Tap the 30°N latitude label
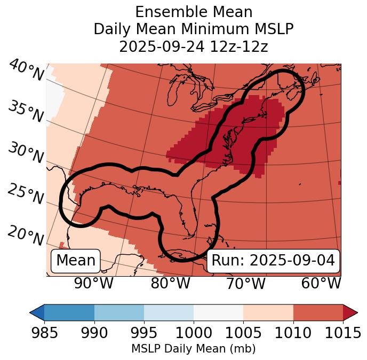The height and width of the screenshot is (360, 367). (26, 153)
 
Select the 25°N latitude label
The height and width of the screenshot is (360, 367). (26, 194)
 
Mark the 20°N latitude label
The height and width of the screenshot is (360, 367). (26, 235)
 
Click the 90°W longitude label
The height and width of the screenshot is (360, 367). (94, 283)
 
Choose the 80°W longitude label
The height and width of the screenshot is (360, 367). (170, 283)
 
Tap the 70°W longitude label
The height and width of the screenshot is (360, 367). (245, 283)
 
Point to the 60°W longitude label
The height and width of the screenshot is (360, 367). (321, 283)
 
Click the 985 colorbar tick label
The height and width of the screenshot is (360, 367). (44, 333)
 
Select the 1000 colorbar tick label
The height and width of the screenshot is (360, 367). (194, 333)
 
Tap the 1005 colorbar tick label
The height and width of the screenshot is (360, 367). (243, 333)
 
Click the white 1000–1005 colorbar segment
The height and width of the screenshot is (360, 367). (218, 312)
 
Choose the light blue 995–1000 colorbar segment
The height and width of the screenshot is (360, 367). (169, 312)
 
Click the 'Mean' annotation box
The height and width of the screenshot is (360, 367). (76, 261)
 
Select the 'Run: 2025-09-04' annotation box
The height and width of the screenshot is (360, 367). (273, 261)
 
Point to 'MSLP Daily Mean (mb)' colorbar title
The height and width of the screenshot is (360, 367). (193, 349)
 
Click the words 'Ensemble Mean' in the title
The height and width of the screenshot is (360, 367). (194, 12)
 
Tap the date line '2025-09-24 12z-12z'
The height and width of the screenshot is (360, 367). (194, 46)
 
